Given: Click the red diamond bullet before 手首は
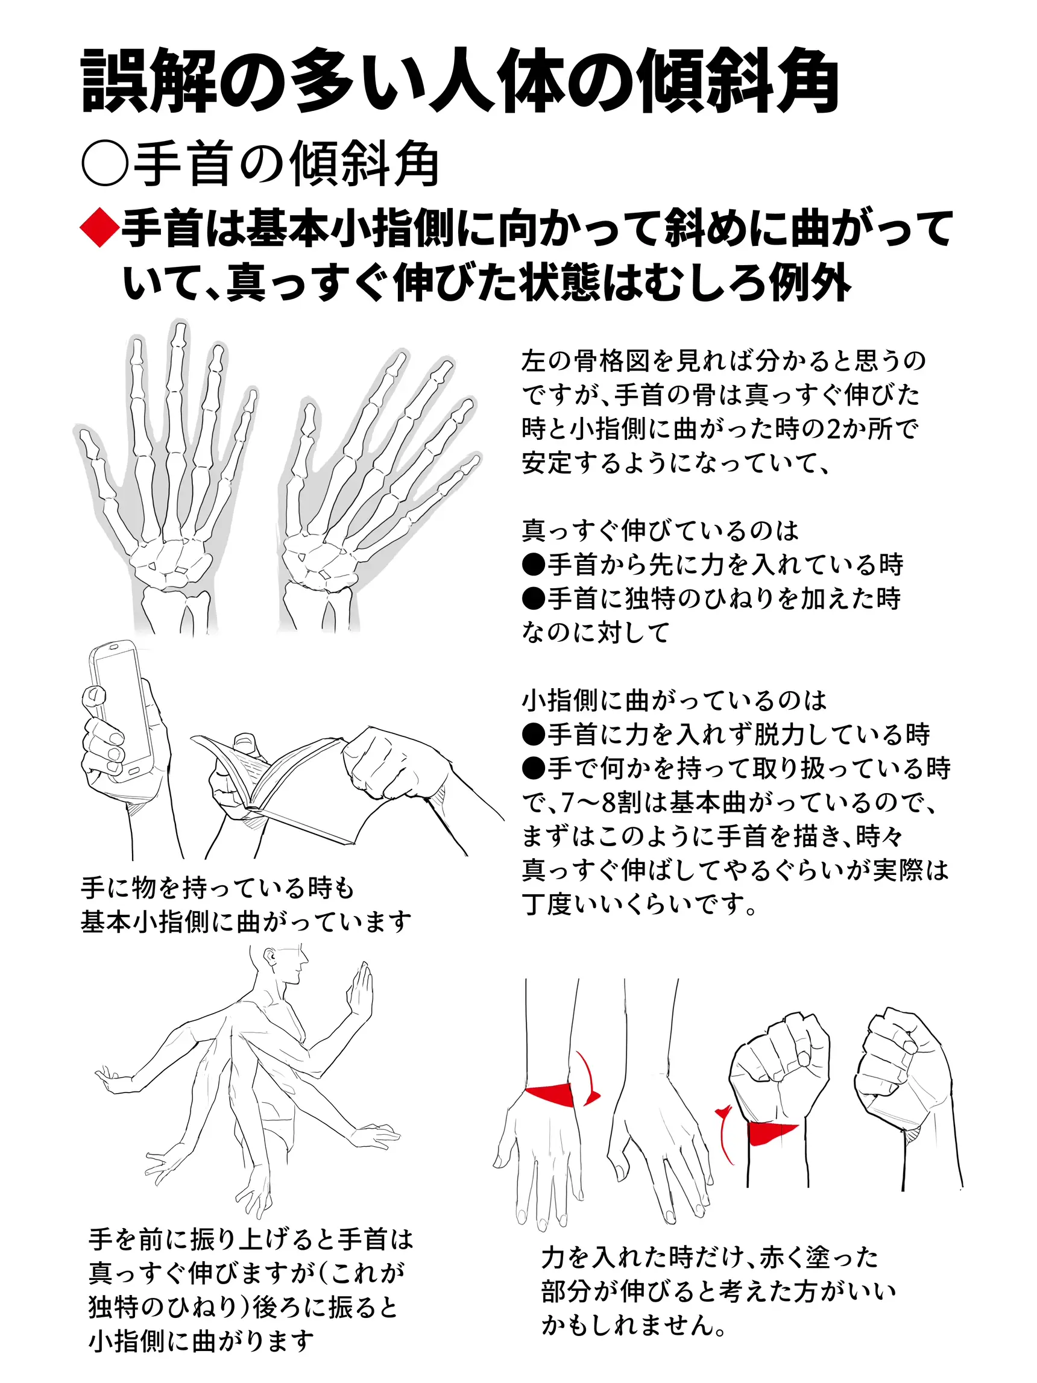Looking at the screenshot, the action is [100, 229].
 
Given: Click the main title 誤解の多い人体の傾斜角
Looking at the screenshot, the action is [459, 81].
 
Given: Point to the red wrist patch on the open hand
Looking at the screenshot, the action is [549, 1095].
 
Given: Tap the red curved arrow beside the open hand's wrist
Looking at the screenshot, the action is [588, 1079].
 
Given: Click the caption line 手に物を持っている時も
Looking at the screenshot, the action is [218, 887].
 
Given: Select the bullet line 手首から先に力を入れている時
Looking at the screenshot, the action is [713, 564].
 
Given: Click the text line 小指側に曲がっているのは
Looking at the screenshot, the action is [674, 700].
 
